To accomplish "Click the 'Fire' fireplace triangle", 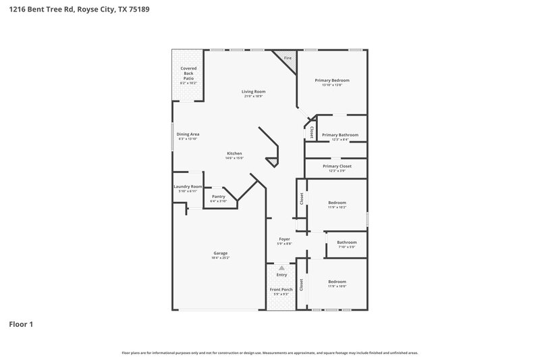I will click(287, 59).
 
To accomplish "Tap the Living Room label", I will click(254, 91).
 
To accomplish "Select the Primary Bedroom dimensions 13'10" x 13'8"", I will click(332, 85).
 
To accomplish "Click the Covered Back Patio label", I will click(188, 74).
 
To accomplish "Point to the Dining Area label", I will click(188, 134).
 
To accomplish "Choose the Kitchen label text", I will click(234, 153).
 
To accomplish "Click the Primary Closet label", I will click(336, 166).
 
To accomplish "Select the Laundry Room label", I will click(188, 186).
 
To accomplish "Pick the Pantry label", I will click(219, 197).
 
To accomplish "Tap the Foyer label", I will click(285, 239).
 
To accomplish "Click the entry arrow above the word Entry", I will click(281, 268).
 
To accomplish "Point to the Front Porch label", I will click(281, 289).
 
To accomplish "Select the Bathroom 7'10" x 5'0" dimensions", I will click(347, 247).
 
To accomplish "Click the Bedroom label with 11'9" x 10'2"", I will click(337, 203).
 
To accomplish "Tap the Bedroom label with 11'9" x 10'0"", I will click(337, 282).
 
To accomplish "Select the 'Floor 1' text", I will click(21, 324).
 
